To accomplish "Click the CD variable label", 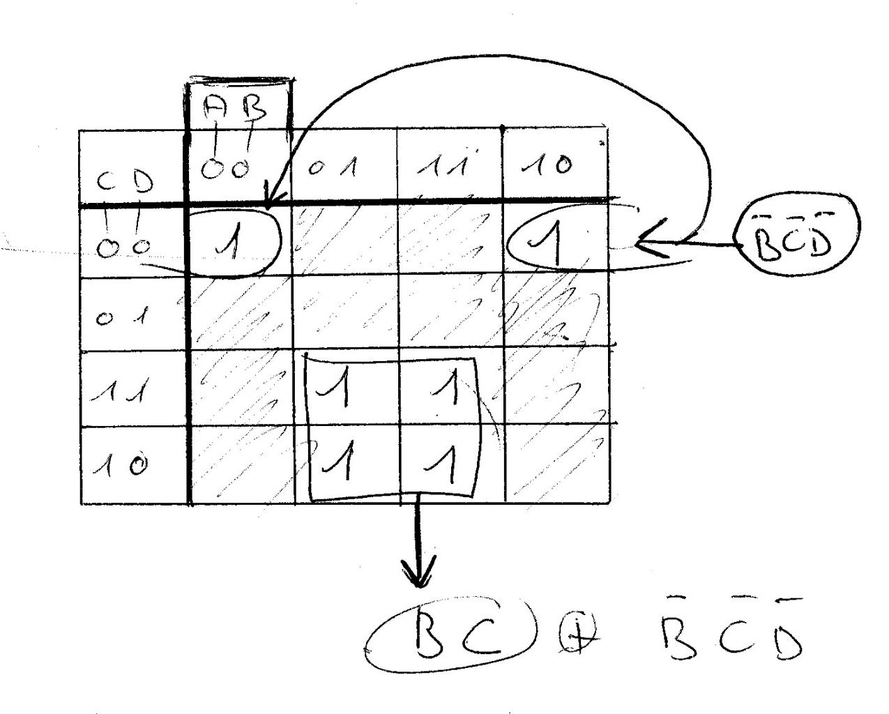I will [x=124, y=183].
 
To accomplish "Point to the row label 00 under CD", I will [x=124, y=247].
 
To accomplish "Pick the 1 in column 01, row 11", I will [x=340, y=389].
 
